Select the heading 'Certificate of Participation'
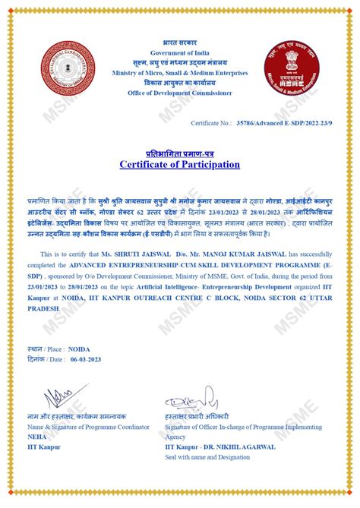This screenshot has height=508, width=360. click(x=180, y=164)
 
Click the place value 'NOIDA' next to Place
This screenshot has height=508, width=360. click(x=79, y=350)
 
